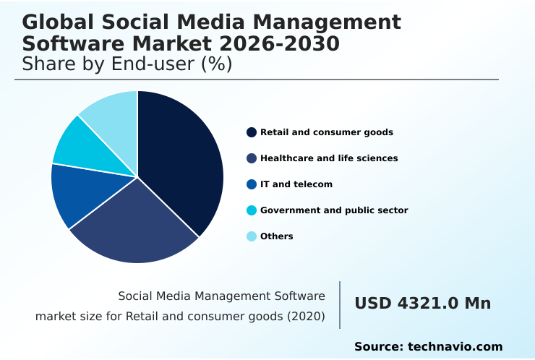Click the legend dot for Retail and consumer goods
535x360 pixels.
click(252, 132)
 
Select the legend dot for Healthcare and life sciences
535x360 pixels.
click(252, 158)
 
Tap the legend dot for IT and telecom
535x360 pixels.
click(252, 184)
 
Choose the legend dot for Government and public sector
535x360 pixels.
click(252, 210)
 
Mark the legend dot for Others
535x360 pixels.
click(252, 236)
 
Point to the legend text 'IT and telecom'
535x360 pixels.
click(296, 184)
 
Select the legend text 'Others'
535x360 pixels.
click(277, 236)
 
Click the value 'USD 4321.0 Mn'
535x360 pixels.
click(422, 304)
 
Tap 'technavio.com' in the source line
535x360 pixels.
click(455, 347)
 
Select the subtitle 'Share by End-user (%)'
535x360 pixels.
click(127, 64)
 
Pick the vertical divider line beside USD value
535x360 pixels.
click(340, 305)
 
